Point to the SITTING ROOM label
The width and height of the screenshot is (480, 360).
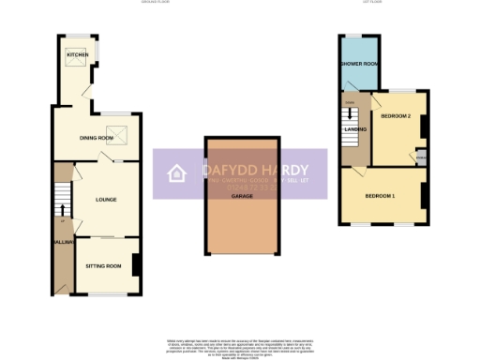(104, 266)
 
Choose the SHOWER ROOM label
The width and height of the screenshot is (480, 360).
(358, 64)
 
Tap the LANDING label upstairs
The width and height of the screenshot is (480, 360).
(355, 129)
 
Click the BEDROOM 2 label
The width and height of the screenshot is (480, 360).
(396, 115)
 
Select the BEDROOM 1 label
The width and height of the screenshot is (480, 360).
(380, 195)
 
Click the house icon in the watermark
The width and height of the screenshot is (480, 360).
(175, 174)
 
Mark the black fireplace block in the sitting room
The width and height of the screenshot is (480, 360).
(137, 264)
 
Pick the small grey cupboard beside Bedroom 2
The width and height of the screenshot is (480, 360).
(422, 157)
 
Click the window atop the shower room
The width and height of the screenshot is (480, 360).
(358, 37)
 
